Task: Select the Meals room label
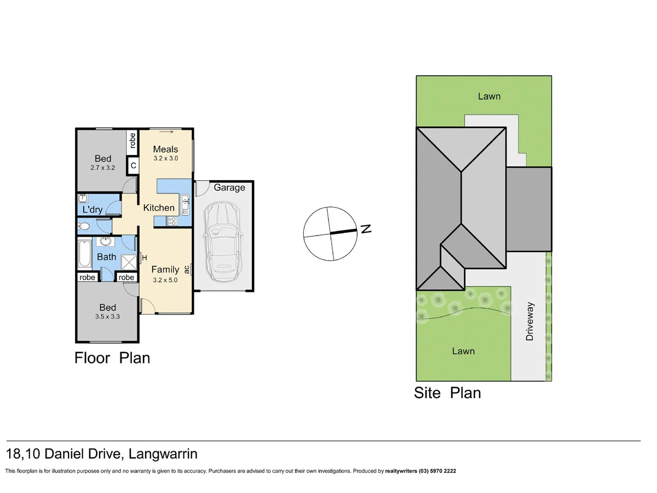[165, 149]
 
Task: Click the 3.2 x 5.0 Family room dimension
[165, 279]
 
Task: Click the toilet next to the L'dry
[84, 225]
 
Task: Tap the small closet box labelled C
[132, 164]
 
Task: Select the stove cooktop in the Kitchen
[172, 221]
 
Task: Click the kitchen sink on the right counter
[185, 204]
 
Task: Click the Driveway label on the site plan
[529, 321]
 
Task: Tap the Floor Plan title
[112, 358]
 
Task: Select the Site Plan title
[447, 393]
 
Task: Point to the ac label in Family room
[187, 270]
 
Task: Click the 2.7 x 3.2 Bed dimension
[102, 169]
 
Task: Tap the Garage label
[229, 188]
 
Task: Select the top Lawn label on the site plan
[489, 96]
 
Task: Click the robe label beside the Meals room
[132, 142]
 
